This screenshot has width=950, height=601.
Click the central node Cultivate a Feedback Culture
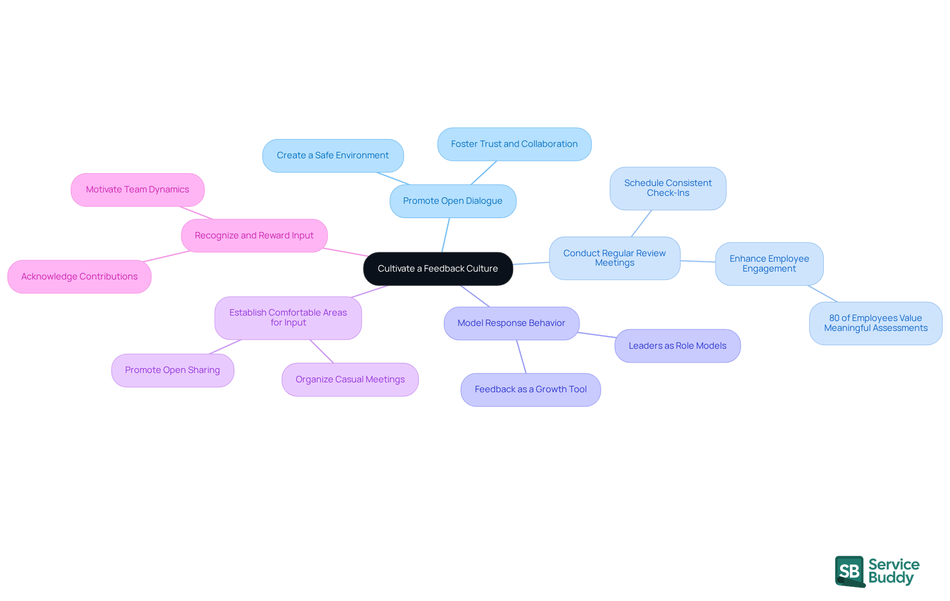coord(438,269)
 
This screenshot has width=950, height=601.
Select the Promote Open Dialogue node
coord(453,201)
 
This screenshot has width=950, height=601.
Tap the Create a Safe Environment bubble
coord(333,155)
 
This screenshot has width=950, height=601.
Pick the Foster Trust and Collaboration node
coord(514,144)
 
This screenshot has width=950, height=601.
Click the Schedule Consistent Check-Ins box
coord(668,188)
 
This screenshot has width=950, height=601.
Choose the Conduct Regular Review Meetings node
coord(615,258)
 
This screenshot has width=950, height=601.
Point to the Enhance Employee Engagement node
coord(769,264)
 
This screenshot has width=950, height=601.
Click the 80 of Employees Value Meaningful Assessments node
coord(875,323)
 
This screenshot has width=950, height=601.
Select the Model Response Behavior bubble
coord(511,323)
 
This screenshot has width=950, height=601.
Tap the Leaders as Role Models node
coord(677,346)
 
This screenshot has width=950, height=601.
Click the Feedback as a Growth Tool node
coord(530,389)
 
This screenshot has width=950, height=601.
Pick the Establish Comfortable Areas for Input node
coord(288,318)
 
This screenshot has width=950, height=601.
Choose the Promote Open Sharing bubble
coord(172,370)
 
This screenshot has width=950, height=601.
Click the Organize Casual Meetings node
coord(350,379)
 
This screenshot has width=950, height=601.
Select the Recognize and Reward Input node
coord(254,235)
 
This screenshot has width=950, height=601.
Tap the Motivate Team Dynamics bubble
coord(138,189)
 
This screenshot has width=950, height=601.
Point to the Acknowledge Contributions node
coord(79,277)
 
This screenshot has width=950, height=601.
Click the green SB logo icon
coord(850,571)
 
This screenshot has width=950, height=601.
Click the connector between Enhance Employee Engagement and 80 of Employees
coord(822,293)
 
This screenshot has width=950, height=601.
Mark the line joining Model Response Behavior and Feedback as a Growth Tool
coord(521,356)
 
